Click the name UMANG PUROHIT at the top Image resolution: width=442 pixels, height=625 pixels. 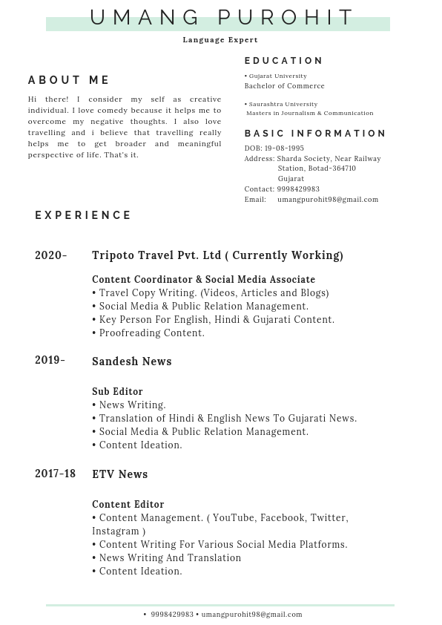pyautogui.click(x=222, y=17)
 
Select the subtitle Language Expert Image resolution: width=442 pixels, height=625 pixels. pyautogui.click(x=220, y=40)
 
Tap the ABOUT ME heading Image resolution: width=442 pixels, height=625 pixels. pyautogui.click(x=69, y=80)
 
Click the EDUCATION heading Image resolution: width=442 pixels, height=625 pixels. pyautogui.click(x=284, y=61)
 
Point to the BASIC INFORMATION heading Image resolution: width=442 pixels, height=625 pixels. pyautogui.click(x=315, y=134)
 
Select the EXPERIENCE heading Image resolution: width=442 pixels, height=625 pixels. pyautogui.click(x=83, y=215)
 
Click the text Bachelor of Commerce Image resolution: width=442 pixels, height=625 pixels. pyautogui.click(x=284, y=86)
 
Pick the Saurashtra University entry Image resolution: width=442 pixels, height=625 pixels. pyautogui.click(x=283, y=104)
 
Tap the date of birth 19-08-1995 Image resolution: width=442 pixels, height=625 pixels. pyautogui.click(x=284, y=148)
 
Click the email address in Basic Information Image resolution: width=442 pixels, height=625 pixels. pyautogui.click(x=328, y=200)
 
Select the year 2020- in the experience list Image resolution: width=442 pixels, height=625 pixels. pyautogui.click(x=51, y=255)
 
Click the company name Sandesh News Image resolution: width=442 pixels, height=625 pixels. pyautogui.click(x=132, y=361)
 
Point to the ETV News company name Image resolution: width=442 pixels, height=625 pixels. pyautogui.click(x=120, y=474)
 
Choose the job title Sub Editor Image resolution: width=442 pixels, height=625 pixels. pyautogui.click(x=117, y=392)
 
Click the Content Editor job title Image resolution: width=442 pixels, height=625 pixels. pyautogui.click(x=128, y=505)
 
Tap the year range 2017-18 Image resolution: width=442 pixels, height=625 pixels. pyautogui.click(x=55, y=474)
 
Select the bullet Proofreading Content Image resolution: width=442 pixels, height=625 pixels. pyautogui.click(x=151, y=333)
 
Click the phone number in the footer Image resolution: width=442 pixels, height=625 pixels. pyautogui.click(x=172, y=615)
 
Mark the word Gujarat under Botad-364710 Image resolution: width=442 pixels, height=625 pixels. pyautogui.click(x=291, y=179)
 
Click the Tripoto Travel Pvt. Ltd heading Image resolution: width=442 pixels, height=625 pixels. pyautogui.click(x=156, y=255)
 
